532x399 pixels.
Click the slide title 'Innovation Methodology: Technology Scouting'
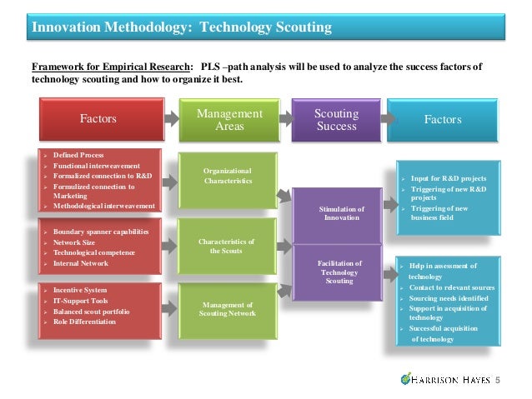click(x=182, y=27)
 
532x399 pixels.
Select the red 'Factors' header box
click(x=98, y=119)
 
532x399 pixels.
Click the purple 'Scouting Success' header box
click(x=336, y=119)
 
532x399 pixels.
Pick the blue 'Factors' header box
click(x=442, y=119)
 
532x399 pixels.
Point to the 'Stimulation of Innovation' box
click(x=342, y=212)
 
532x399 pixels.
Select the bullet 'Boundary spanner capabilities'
click(x=101, y=231)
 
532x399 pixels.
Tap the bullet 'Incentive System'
click(x=80, y=290)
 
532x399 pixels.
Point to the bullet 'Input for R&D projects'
click(x=449, y=178)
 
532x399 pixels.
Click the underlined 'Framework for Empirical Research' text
click(x=109, y=67)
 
